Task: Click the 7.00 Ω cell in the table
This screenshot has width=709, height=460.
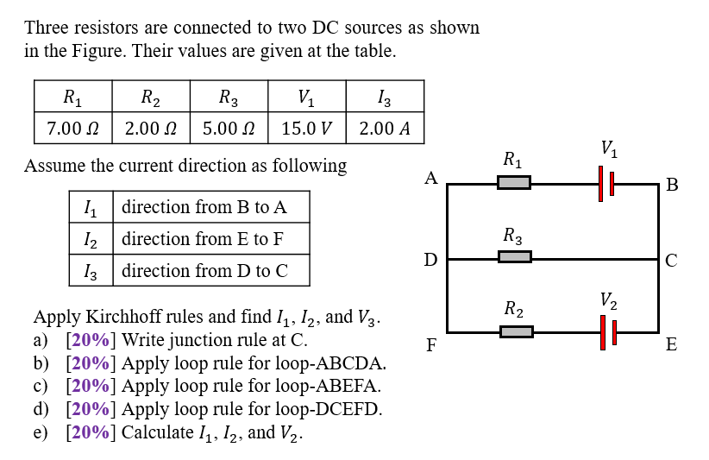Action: [72, 129]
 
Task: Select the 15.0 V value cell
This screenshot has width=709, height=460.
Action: [307, 129]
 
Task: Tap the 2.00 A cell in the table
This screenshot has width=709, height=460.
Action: [385, 129]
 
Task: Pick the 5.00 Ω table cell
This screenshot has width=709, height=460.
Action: [229, 129]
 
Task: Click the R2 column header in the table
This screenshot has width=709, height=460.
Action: [151, 97]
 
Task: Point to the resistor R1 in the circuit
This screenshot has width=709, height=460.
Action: [513, 183]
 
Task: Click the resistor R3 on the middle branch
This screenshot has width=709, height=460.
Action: [515, 257]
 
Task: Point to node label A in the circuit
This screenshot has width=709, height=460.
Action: [431, 179]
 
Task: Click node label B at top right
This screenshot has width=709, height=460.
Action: [673, 185]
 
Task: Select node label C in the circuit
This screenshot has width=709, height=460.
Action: [672, 260]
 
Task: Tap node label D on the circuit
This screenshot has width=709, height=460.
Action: [430, 260]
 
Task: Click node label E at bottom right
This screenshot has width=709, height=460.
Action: [672, 346]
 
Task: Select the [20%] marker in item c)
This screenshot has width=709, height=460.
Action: [91, 386]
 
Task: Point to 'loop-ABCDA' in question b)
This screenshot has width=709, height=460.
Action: [340, 362]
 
